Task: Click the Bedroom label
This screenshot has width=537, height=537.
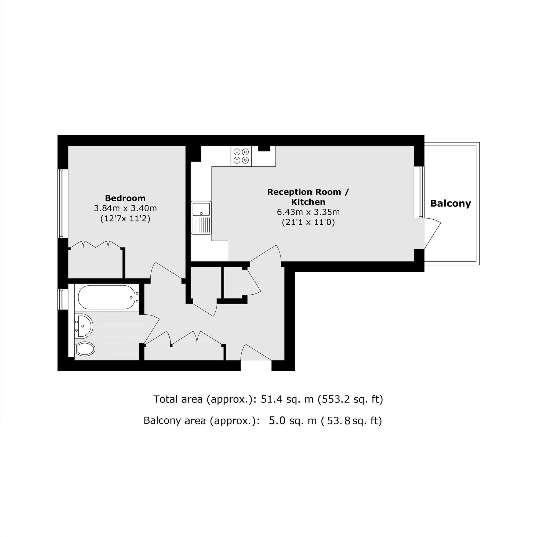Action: [x=125, y=198]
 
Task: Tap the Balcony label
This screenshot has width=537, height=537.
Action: [x=450, y=204]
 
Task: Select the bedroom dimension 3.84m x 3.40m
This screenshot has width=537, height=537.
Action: [x=125, y=208]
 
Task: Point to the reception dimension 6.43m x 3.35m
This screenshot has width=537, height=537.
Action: [x=308, y=212]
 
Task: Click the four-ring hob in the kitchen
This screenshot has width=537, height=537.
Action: [x=241, y=156]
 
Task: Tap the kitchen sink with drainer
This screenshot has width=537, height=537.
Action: [x=201, y=217]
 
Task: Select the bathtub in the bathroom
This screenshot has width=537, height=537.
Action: [x=107, y=297]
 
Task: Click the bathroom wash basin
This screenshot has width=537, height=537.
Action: [x=84, y=326]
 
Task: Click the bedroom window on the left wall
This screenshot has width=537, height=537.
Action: [x=63, y=204]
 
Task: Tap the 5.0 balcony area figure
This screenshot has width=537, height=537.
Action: [x=277, y=420]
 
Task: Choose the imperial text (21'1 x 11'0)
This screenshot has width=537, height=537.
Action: [x=308, y=222]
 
